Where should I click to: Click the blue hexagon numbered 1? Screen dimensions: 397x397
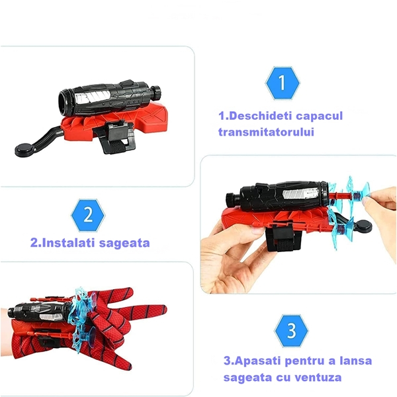coord(283,83)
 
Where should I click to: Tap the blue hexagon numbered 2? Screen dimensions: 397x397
coord(88,215)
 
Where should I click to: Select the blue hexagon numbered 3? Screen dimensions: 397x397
coord(291,331)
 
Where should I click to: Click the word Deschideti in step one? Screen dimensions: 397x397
coord(259,116)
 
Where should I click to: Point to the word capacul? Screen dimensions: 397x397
coord(319,116)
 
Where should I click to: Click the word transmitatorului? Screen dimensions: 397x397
coord(266,132)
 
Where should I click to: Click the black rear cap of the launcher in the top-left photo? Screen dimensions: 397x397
coord(156,92)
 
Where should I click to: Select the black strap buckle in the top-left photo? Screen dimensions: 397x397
coord(119,134)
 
